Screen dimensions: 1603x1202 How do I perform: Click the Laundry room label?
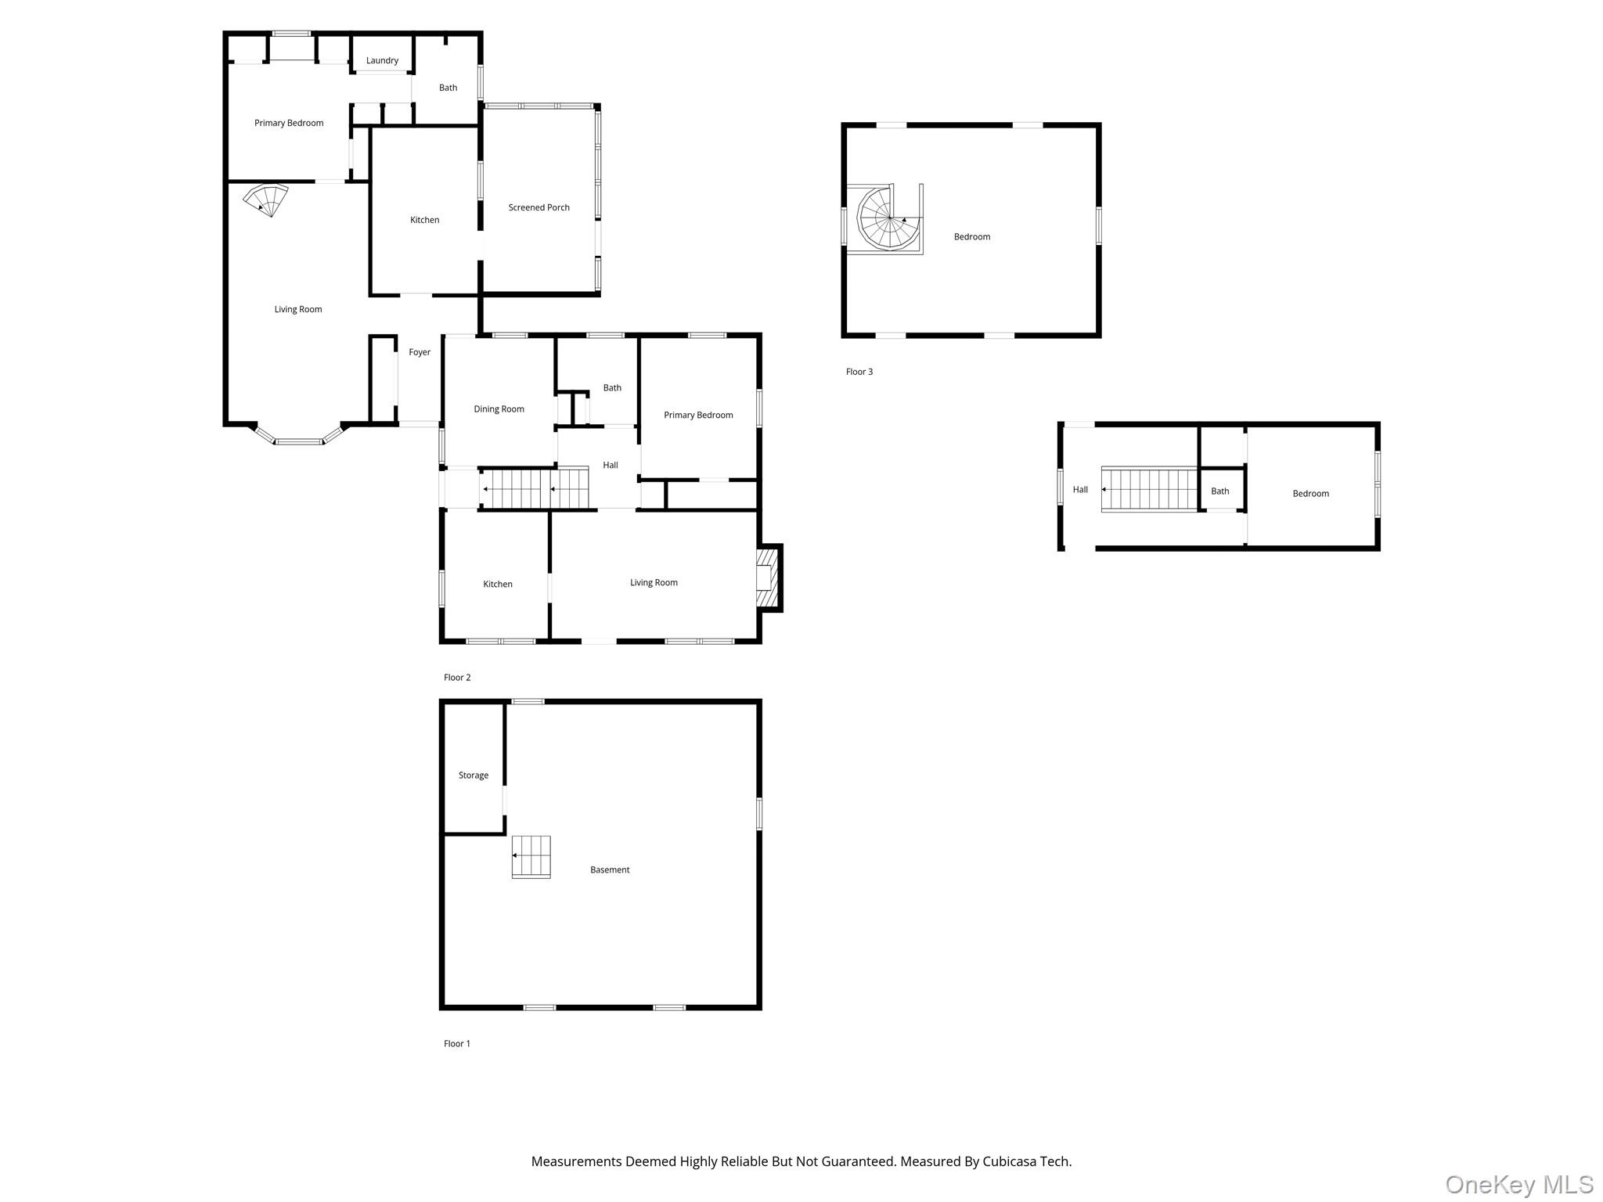click(382, 60)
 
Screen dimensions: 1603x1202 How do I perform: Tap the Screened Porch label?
click(539, 207)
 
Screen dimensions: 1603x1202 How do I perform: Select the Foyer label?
click(420, 352)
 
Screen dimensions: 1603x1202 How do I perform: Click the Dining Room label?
click(499, 409)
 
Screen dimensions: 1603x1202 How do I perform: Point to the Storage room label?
click(474, 776)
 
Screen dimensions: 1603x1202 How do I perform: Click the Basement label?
click(610, 869)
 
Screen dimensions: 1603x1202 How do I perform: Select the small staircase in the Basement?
click(531, 857)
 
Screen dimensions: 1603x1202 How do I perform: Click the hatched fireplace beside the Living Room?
click(769, 578)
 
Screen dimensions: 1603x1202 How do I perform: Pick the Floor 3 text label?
click(859, 372)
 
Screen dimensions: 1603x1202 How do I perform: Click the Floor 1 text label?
click(457, 1043)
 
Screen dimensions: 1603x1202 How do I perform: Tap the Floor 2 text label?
click(457, 678)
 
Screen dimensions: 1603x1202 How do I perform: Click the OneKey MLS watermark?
click(1519, 1184)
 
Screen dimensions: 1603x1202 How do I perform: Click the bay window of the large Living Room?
click(298, 437)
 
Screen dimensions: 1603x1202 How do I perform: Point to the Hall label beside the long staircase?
click(611, 465)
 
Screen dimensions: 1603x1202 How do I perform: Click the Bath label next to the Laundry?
click(448, 88)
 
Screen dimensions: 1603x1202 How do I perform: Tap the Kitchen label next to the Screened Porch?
click(425, 220)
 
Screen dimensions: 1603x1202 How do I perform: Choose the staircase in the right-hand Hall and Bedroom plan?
click(1150, 489)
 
